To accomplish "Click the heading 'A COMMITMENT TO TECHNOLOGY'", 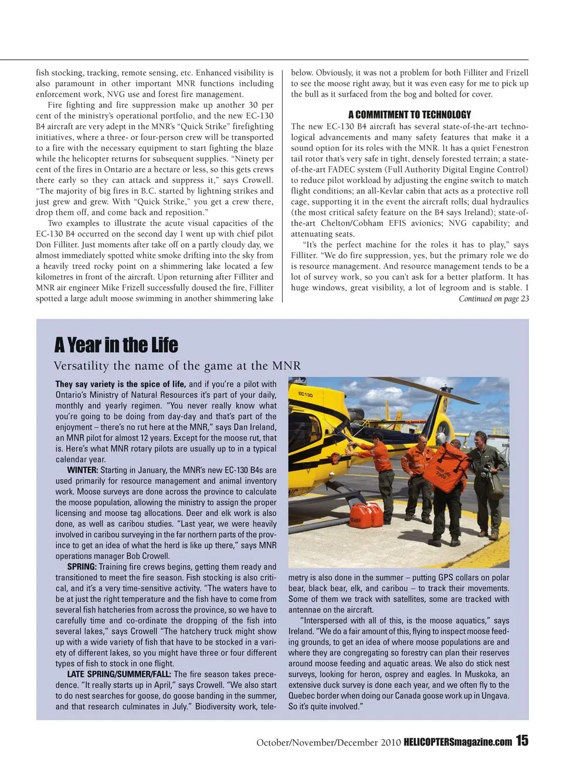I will [409, 115].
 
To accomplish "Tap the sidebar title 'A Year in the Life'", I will [116, 345].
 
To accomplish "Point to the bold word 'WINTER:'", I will [83, 470].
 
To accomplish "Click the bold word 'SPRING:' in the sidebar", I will [82, 567].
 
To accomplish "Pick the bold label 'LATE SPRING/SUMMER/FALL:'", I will [119, 675].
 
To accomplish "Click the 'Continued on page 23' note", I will [494, 299].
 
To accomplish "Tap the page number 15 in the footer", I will [522, 741].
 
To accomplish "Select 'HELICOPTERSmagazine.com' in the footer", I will [457, 743].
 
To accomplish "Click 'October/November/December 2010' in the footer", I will [328, 743].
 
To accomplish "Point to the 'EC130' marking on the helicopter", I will [306, 394].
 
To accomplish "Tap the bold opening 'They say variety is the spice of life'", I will [120, 385].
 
